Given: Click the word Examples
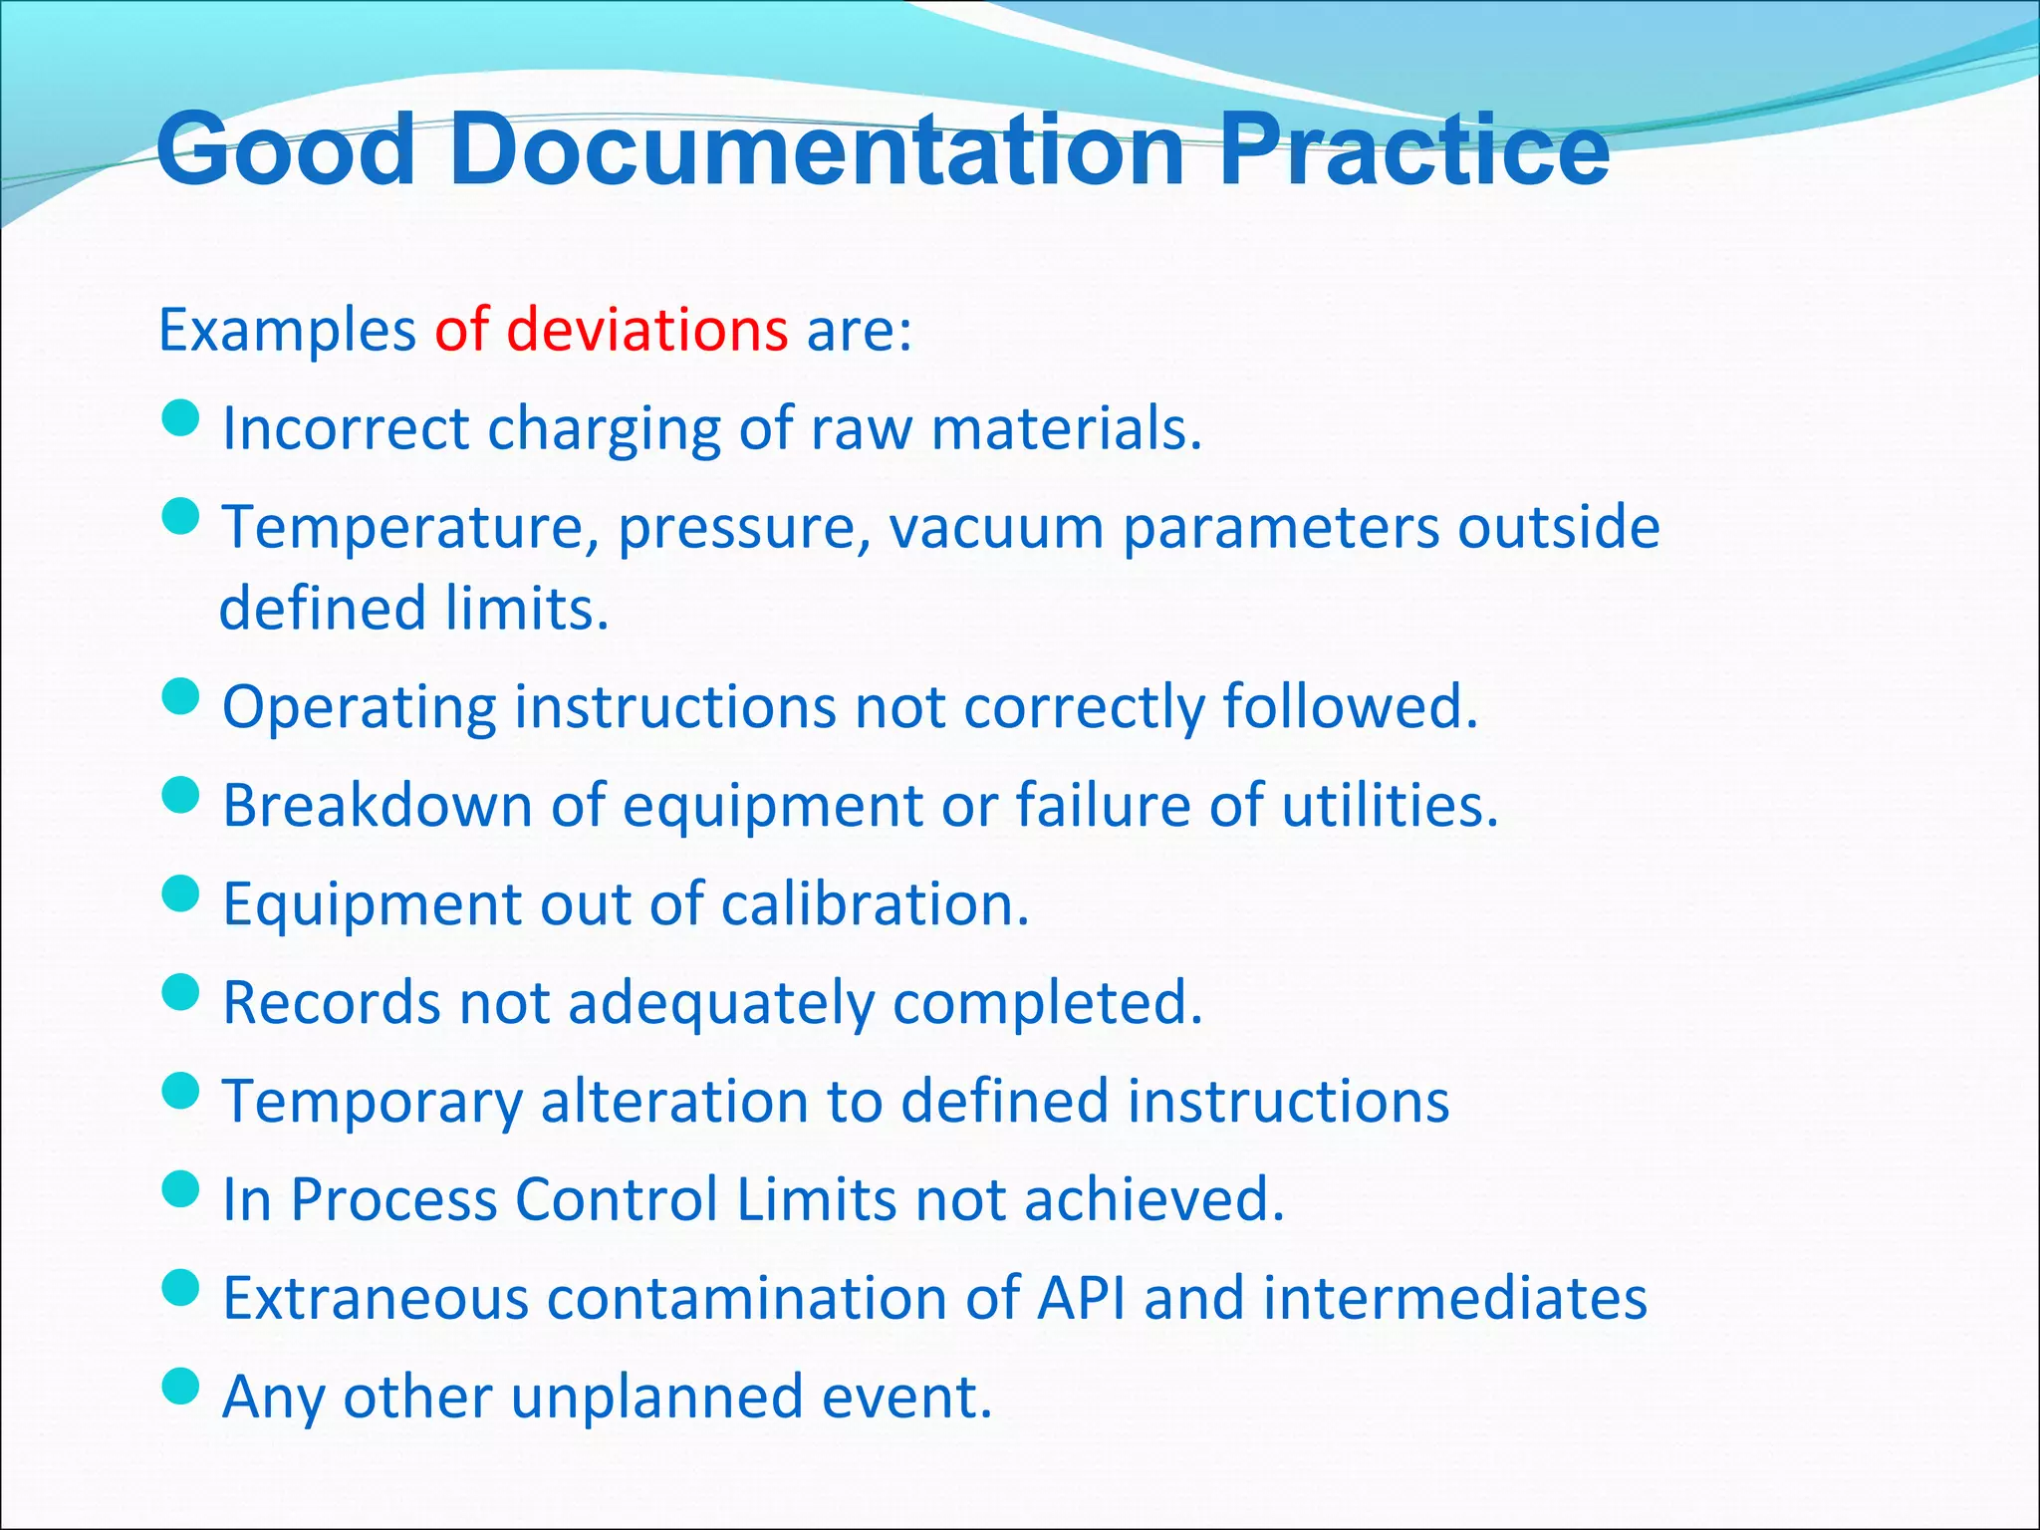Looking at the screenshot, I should pyautogui.click(x=287, y=332).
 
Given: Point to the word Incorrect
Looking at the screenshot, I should pyautogui.click(x=346, y=429).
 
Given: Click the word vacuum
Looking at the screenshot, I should pyautogui.click(x=996, y=528).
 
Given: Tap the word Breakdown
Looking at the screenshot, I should pyautogui.click(x=378, y=805).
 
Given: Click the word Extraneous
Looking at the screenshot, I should pyautogui.click(x=375, y=1299).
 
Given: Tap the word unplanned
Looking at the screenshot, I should pyautogui.click(x=657, y=1398).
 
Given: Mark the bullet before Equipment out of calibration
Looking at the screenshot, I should pyautogui.click(x=180, y=893).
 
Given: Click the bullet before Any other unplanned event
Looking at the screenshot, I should pyautogui.click(x=180, y=1386).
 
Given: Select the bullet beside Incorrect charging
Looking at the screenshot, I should pyautogui.click(x=180, y=418).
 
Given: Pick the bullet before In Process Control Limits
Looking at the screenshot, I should pyautogui.click(x=180, y=1188).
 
